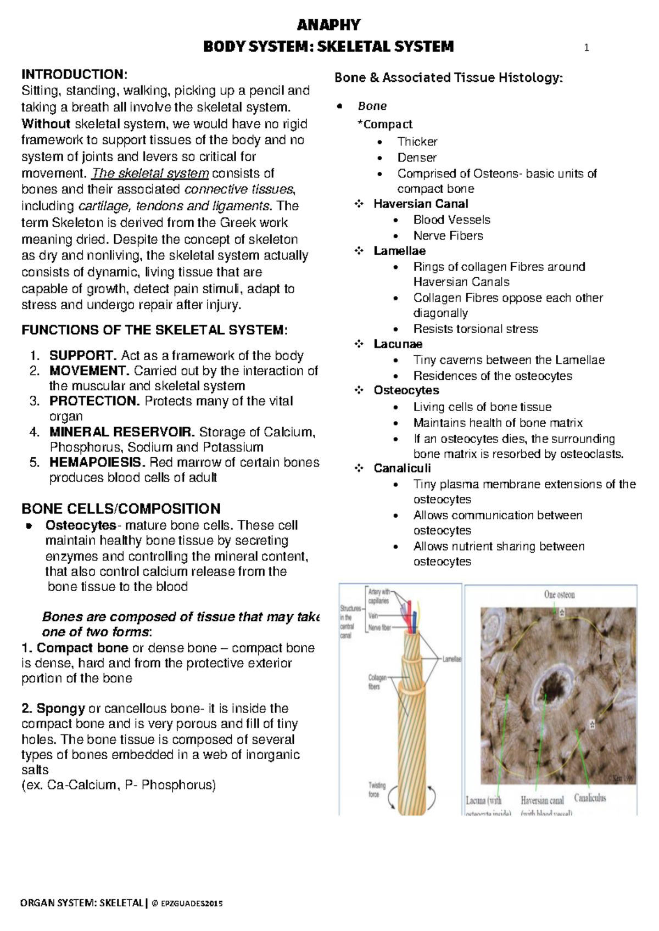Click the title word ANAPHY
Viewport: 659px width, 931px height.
(x=328, y=25)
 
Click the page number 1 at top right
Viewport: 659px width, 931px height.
(x=587, y=48)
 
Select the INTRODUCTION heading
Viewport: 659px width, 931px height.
(x=74, y=74)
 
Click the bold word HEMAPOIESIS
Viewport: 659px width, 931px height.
(x=97, y=462)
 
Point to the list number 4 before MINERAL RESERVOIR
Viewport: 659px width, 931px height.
(x=35, y=432)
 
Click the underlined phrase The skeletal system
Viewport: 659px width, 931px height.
(x=150, y=173)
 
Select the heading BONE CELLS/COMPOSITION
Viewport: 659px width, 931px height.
(x=121, y=508)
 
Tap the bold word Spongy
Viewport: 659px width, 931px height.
(x=60, y=708)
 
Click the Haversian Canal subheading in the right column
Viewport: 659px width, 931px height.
(x=421, y=204)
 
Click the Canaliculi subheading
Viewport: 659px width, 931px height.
(x=402, y=468)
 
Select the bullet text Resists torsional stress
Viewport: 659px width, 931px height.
(x=476, y=329)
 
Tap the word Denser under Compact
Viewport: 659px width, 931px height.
(x=417, y=158)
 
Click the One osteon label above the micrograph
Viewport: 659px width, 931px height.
(x=559, y=595)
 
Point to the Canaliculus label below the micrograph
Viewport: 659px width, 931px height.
(x=590, y=798)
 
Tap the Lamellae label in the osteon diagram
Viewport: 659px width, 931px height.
(x=451, y=659)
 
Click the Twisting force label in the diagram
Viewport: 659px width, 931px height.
(x=377, y=789)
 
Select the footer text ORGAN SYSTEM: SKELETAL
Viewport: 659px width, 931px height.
(x=81, y=903)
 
